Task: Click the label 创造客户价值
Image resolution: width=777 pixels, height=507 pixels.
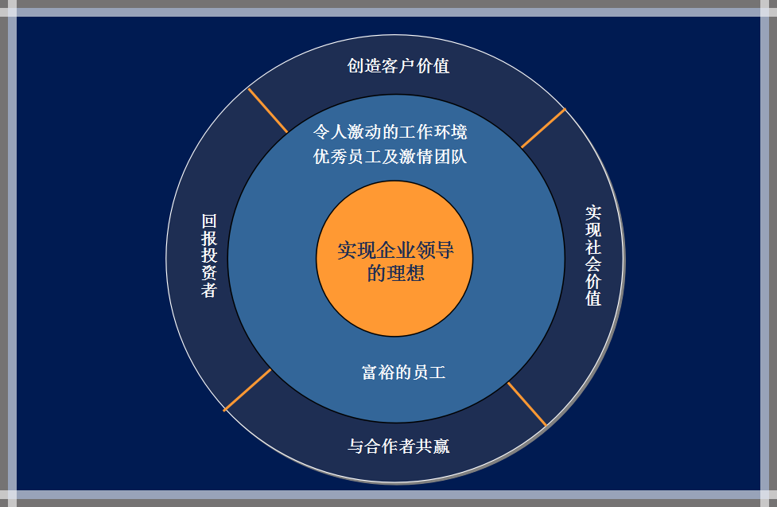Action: point(398,66)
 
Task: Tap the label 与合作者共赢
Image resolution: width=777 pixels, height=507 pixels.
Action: point(398,446)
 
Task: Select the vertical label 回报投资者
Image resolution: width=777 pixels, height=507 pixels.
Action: point(209,255)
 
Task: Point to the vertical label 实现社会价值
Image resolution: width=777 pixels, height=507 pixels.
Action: point(593,255)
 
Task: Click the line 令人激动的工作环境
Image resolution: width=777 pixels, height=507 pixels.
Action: point(390,132)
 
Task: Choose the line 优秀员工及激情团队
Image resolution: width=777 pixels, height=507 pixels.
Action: point(390,157)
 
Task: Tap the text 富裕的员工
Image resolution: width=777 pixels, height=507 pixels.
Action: point(403,372)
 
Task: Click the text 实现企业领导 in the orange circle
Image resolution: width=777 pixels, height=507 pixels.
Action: point(395,250)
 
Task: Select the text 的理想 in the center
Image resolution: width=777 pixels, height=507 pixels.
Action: point(395,273)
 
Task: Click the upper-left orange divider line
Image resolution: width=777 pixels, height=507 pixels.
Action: point(267,110)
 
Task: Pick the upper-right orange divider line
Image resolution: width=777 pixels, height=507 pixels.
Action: point(543,128)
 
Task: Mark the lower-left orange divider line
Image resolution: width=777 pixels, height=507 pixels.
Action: point(247,390)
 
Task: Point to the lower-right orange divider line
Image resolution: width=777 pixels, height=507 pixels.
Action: point(526,404)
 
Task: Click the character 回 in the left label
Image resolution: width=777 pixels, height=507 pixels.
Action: point(209,221)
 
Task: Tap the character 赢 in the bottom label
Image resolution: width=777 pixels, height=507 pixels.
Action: point(441,446)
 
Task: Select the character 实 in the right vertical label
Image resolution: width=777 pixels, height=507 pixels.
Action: point(593,213)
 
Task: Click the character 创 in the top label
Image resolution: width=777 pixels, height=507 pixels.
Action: point(355,66)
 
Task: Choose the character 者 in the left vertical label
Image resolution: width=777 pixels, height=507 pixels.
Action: point(209,290)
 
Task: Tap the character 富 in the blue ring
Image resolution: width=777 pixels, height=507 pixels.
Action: point(370,372)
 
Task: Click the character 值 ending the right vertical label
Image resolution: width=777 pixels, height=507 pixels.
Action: point(593,298)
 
